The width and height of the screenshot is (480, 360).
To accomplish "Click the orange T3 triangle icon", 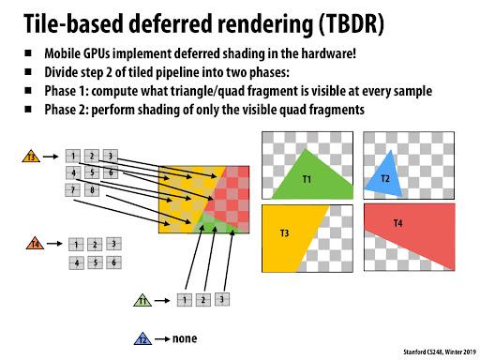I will (x=31, y=157).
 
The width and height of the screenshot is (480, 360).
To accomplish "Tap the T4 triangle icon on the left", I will (x=34, y=245).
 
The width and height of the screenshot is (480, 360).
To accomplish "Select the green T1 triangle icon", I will (x=142, y=301).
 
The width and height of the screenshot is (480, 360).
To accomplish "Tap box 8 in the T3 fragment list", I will (x=92, y=190).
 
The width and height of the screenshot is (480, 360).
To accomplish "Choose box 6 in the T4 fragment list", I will (x=113, y=262).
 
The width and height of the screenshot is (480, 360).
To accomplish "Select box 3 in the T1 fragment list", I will (x=222, y=300).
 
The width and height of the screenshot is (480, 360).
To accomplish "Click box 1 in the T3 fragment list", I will (x=72, y=156).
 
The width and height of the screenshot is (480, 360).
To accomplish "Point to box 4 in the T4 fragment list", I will (x=75, y=262).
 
